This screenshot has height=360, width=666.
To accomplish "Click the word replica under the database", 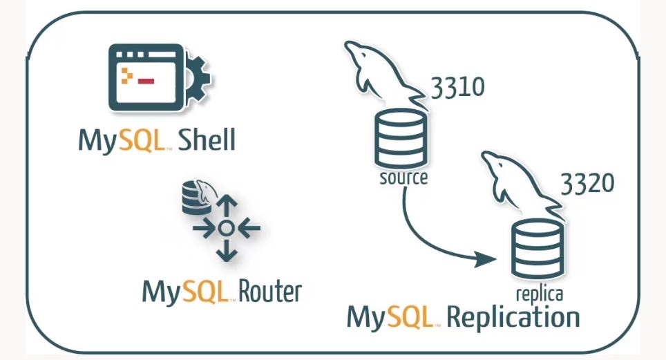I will click(540, 294).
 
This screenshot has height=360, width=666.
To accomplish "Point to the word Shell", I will click(207, 140).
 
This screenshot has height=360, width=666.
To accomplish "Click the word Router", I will click(270, 291).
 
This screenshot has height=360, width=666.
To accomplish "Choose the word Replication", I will click(513, 318).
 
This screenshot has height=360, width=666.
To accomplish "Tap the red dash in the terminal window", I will click(146, 81).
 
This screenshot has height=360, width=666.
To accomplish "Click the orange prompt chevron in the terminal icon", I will click(126, 75).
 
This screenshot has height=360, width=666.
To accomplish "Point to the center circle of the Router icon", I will click(225, 227).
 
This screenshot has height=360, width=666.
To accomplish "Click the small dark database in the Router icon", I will click(191, 199).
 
